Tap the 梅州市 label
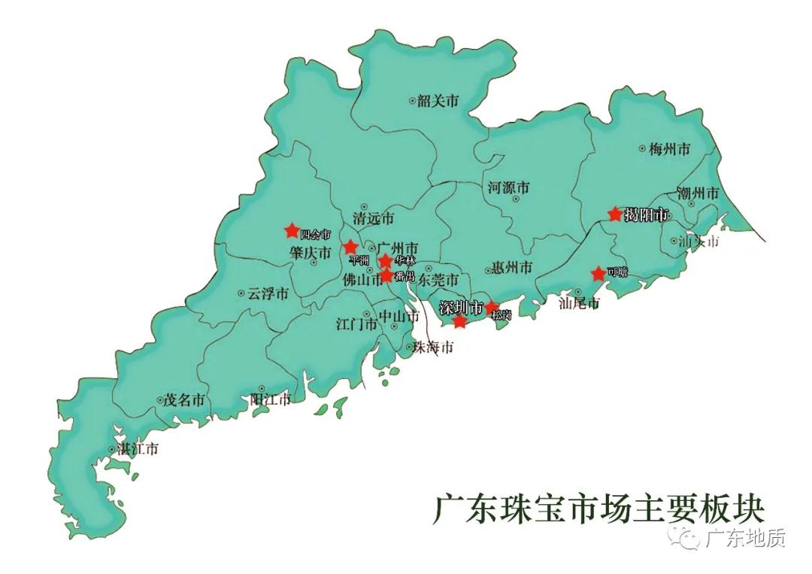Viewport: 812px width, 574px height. [x=669, y=150]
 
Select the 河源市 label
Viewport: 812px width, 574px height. [x=509, y=187]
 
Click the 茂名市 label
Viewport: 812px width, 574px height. [x=184, y=401]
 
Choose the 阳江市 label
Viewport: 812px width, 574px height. [x=270, y=399]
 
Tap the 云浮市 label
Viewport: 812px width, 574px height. [x=268, y=294]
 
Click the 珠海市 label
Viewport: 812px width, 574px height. [x=435, y=348]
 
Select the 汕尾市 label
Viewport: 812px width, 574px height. [x=580, y=304]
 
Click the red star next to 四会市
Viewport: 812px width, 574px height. [x=292, y=230]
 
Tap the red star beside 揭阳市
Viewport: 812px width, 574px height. [x=615, y=214]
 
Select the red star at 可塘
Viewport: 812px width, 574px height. [x=598, y=274]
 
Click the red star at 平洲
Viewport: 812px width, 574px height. [x=350, y=247]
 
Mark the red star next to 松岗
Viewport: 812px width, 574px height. [x=492, y=307]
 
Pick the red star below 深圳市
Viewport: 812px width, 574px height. [x=460, y=322]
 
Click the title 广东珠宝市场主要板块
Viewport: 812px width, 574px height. [x=598, y=510]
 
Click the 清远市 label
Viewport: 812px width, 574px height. [x=374, y=219]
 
